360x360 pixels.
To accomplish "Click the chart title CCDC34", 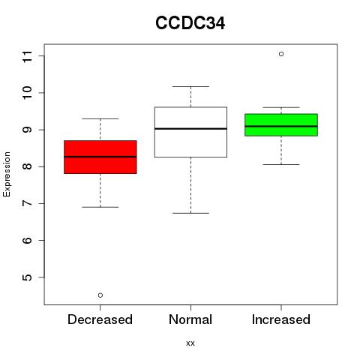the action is (x=190, y=23).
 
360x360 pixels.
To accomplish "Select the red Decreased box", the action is (x=100, y=157).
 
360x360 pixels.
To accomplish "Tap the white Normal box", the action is (x=190, y=132).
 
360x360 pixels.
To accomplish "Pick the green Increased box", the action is (x=281, y=124).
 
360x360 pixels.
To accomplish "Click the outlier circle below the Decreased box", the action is (x=100, y=295).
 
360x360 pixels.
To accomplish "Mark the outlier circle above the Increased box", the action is (x=281, y=54).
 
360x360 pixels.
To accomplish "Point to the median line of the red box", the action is (x=100, y=157).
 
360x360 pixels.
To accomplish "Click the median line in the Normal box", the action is (x=190, y=129).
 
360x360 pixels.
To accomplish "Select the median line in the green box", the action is (x=281, y=126).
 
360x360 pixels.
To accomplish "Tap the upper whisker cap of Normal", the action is (x=190, y=86).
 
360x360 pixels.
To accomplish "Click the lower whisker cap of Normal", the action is (x=190, y=213).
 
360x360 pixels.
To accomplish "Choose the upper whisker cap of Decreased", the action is (x=100, y=118).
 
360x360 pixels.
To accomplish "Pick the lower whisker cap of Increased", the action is (x=281, y=164).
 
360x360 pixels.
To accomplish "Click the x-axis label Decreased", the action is (x=100, y=319).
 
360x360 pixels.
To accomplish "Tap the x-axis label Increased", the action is (x=281, y=319).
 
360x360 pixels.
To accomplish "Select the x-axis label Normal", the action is (x=190, y=319).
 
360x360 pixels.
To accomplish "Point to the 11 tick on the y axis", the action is (x=28, y=56).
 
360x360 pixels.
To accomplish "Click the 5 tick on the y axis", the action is (x=28, y=277).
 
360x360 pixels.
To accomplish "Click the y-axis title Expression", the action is (x=7, y=174).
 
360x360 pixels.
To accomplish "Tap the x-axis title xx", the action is (x=190, y=343).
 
